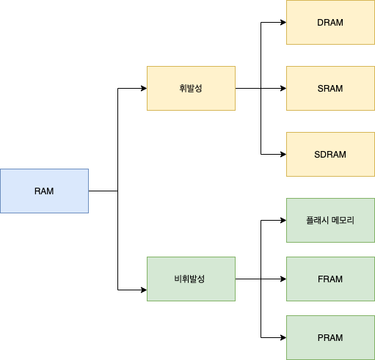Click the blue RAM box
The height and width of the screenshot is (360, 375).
pos(44,191)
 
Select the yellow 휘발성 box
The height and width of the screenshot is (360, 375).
pos(191,88)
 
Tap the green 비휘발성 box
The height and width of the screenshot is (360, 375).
pos(191,279)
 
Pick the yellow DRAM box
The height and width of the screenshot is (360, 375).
pos(330,22)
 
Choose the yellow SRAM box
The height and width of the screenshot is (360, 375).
pos(330,88)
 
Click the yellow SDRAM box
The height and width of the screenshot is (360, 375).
pos(330,154)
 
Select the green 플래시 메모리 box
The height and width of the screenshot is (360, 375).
pos(330,220)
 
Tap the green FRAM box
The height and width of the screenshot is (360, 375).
pos(330,279)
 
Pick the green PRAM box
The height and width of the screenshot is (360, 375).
pos(330,337)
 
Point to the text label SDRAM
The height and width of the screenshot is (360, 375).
pos(330,155)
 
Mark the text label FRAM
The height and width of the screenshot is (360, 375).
pos(330,279)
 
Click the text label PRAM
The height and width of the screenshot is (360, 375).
pos(330,338)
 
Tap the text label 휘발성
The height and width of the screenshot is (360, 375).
pos(191,89)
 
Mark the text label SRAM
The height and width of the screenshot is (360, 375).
pos(330,89)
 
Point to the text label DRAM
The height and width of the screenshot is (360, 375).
pos(330,23)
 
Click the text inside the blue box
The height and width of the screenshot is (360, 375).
pos(44,191)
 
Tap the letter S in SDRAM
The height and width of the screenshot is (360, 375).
pos(317,155)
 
